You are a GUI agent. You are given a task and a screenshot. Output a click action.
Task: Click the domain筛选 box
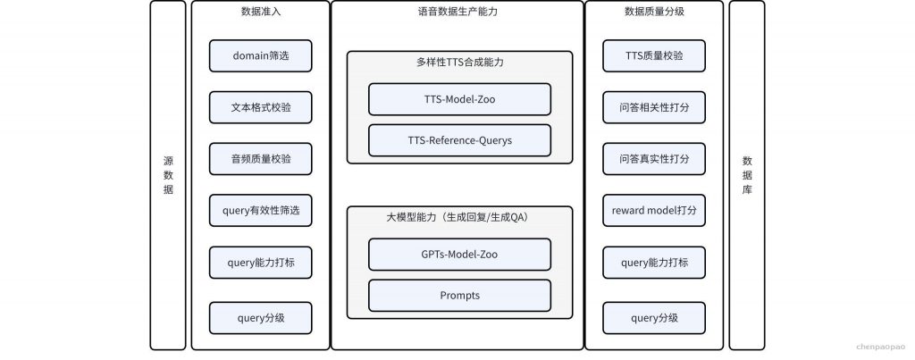260,56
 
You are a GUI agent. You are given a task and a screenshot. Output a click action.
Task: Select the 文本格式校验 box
260,107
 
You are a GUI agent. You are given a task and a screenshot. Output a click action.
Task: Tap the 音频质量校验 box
260,159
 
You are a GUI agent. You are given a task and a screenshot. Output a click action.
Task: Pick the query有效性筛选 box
260,210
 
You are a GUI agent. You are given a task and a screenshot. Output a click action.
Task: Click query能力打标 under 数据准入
260,263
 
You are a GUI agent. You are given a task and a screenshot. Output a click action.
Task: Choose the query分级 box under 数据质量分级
654,318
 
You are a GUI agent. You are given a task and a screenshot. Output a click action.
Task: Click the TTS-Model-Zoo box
460,99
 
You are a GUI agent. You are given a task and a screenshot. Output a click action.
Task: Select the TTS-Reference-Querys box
460,140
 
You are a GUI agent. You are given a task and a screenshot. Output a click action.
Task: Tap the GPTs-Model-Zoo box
460,255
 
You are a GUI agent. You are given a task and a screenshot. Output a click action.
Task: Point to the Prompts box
460,295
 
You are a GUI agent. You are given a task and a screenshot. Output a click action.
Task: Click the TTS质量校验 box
654,56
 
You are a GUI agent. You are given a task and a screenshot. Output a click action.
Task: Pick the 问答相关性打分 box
654,107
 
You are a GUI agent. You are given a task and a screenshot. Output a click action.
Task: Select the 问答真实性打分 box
654,159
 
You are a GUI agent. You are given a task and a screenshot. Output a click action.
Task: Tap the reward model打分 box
654,210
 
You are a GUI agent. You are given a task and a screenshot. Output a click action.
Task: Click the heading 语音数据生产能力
458,12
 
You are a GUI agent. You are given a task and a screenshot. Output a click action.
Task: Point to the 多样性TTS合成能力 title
460,63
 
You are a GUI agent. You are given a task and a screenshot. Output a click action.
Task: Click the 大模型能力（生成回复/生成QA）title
460,218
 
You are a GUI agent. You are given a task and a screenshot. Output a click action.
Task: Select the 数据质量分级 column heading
654,12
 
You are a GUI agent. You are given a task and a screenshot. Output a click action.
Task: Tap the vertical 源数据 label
168,175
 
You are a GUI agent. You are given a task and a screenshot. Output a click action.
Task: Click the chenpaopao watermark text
880,347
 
